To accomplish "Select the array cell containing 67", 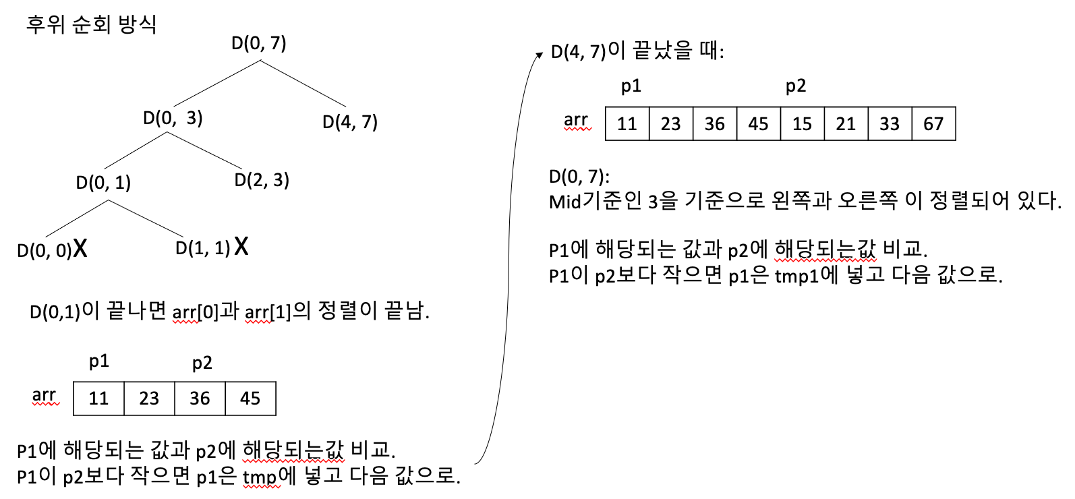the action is (933, 123).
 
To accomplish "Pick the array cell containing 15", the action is (802, 123).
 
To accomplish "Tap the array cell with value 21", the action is (846, 123).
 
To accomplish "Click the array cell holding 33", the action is (890, 123).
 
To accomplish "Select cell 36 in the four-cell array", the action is (200, 399).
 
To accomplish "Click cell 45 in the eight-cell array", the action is (758, 123).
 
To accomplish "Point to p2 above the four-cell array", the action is (202, 363).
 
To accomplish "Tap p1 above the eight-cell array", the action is (631, 86).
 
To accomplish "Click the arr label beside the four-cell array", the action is (45, 395).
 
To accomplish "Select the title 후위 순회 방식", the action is (91, 24).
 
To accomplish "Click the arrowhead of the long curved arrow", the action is (539, 55).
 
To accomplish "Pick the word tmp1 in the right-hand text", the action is (796, 276).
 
